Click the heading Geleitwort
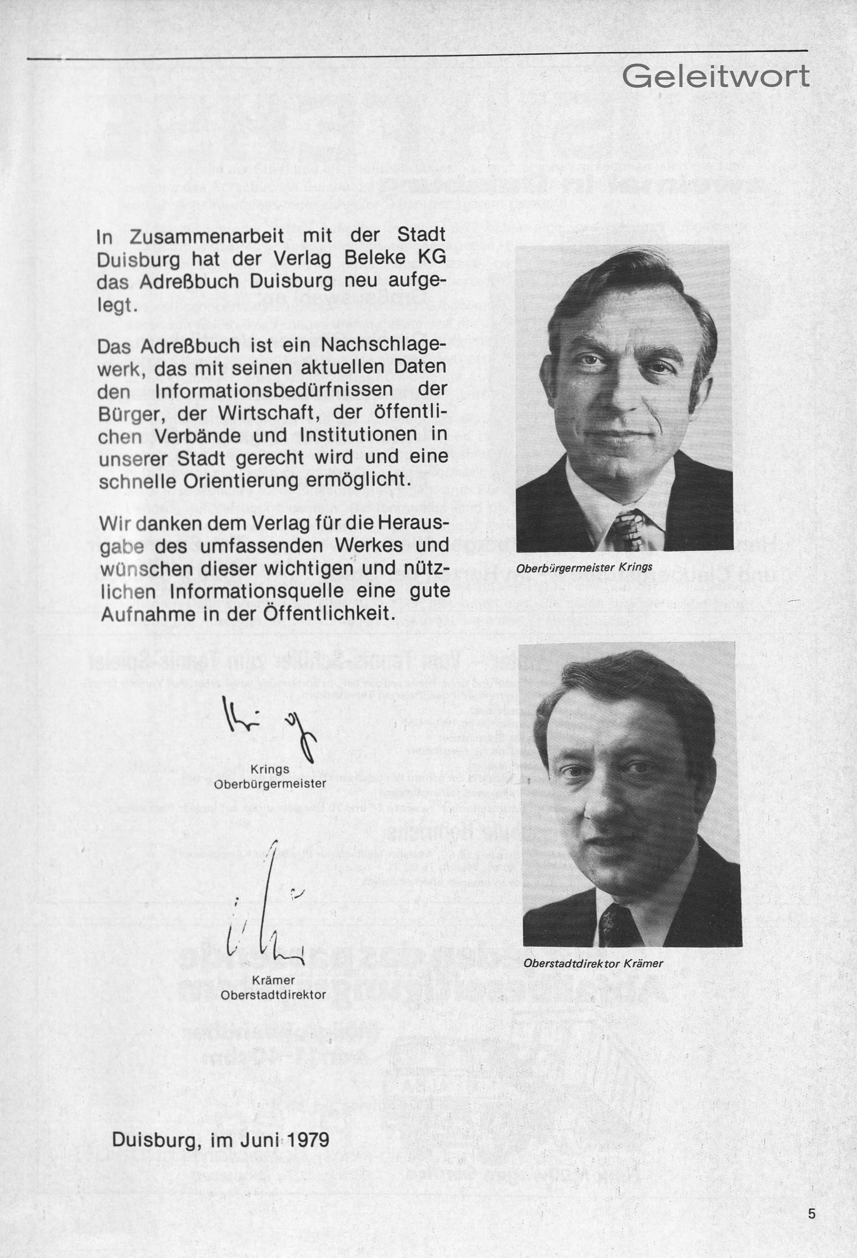pos(715,78)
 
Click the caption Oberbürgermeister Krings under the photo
pos(584,568)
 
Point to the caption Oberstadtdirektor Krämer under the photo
pos(593,963)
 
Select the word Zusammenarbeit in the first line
pos(207,236)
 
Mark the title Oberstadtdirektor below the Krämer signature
pos(273,995)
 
